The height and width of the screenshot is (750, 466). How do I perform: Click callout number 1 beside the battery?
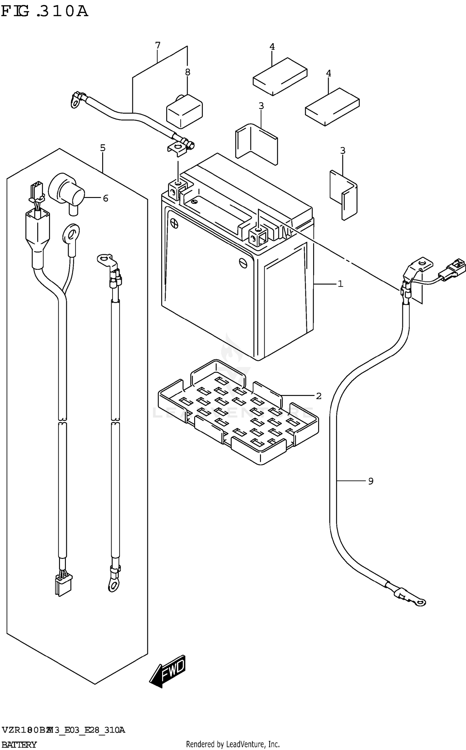340,284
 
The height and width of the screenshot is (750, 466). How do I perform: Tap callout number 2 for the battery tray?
319,396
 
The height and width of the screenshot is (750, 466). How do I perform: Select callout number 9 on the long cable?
371,481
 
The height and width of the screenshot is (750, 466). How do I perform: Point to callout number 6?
106,198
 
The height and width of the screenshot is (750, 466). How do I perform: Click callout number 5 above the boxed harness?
103,148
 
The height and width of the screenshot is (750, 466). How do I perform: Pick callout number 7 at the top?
158,46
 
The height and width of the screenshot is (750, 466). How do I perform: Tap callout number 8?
188,72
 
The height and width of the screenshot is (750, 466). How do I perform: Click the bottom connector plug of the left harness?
63,586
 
